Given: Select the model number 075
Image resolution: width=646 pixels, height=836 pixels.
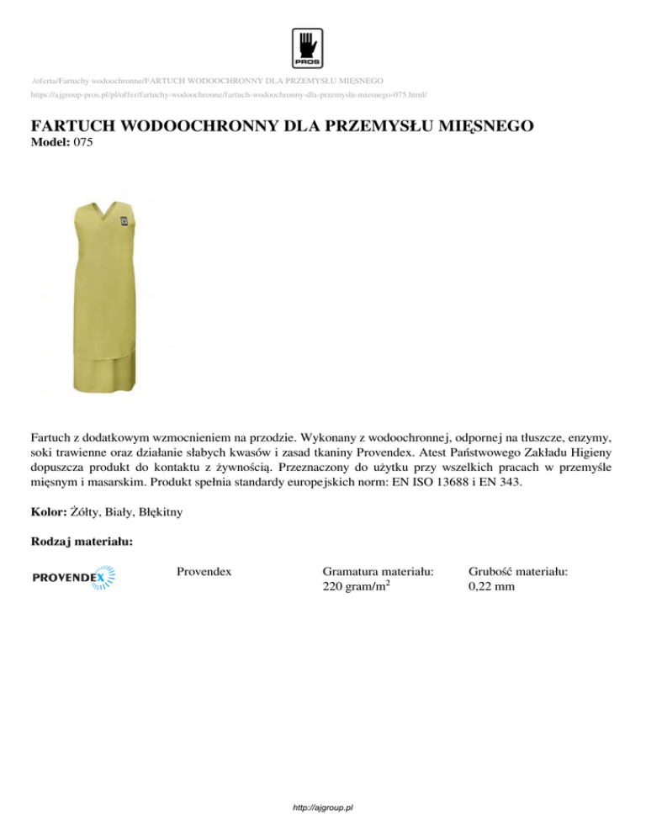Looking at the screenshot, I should (x=82, y=142).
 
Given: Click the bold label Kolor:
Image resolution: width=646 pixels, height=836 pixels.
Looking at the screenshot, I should (x=49, y=511).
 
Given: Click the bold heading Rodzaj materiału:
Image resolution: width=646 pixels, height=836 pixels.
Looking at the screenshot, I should (x=80, y=544).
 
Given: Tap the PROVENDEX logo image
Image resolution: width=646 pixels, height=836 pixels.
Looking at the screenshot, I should (x=73, y=578).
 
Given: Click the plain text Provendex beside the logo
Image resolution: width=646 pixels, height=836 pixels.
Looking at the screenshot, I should (x=204, y=571).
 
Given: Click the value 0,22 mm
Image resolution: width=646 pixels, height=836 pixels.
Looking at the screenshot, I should (x=491, y=586).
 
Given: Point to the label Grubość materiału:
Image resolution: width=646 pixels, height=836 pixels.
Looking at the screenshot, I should (x=517, y=571).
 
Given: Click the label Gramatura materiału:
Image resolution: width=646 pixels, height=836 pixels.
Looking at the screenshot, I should (x=378, y=571).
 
